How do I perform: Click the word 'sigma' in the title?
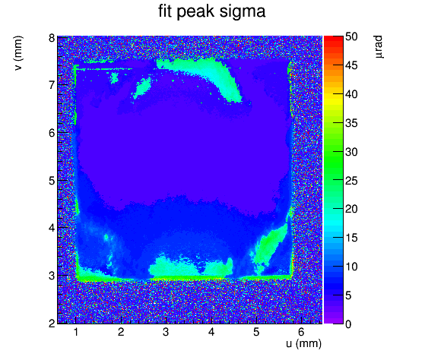click(243, 11)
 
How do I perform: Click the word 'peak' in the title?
click(197, 12)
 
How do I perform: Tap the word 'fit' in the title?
click(166, 11)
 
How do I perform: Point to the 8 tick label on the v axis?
click(52, 38)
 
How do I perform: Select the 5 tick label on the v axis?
click(52, 181)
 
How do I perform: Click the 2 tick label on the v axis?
click(52, 324)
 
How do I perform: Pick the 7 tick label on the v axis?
click(52, 86)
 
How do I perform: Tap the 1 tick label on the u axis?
click(76, 332)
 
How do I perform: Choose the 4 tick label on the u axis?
click(211, 332)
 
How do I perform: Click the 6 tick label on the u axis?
click(302, 332)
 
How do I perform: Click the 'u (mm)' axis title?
click(303, 343)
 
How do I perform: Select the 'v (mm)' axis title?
click(18, 53)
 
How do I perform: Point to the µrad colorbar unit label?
click(379, 46)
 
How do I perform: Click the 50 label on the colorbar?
click(351, 36)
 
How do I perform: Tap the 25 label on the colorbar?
click(351, 181)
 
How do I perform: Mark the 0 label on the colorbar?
click(348, 324)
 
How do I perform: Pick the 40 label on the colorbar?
click(351, 94)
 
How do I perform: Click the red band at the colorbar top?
click(334, 39)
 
